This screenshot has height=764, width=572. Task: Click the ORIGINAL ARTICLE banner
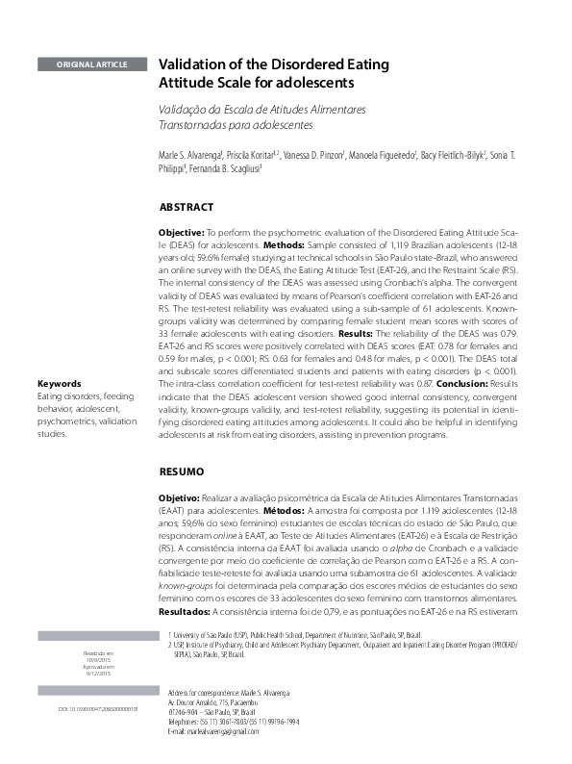(92, 64)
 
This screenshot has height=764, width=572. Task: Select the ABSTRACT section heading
(186, 207)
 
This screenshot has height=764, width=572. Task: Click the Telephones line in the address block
(226, 721)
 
